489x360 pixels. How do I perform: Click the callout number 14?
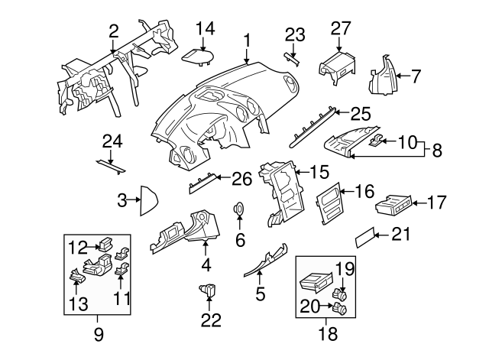pos(205,28)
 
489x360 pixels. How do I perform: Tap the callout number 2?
pos(114,31)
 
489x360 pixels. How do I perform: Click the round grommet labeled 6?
pos(239,209)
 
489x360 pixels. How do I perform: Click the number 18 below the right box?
pos(327,333)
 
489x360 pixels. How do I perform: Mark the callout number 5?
pos(260,293)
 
